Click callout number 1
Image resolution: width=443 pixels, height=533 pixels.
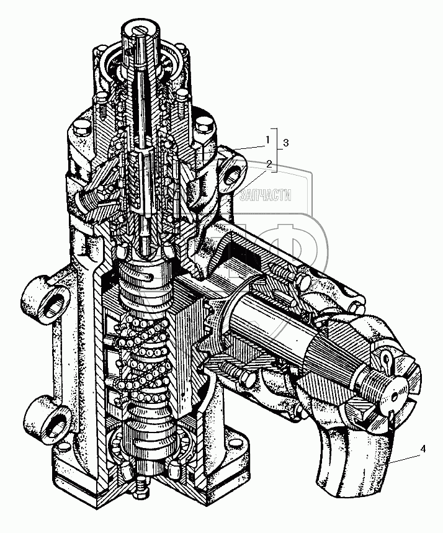tap(268, 140)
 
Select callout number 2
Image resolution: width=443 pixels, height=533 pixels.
tap(269, 164)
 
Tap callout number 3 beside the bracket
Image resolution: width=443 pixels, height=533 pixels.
tap(285, 143)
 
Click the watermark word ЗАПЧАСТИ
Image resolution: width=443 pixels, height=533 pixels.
tap(265, 196)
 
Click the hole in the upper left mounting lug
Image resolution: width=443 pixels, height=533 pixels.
tap(55, 305)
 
